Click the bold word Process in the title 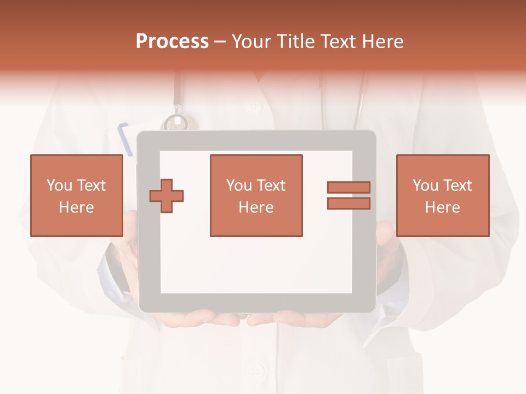pos(172,42)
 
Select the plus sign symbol pos(167,196)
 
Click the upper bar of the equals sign pos(348,187)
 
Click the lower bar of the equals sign pos(348,204)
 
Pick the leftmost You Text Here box pos(76,195)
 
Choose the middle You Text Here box pos(256,195)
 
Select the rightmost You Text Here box pos(442,195)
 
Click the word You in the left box pos(59,186)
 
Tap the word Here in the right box pos(442,207)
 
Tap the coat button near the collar pos(255,106)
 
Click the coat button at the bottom pos(255,372)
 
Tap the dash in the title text pos(220,42)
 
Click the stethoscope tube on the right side pos(360,101)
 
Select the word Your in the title pos(250,42)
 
